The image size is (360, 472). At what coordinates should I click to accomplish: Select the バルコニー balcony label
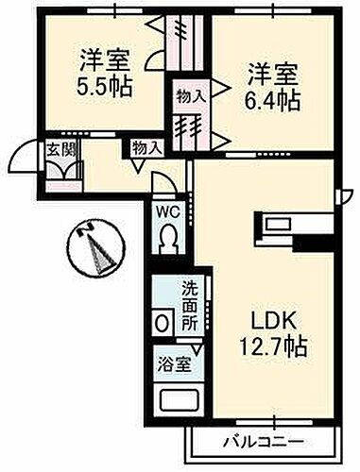[264, 441]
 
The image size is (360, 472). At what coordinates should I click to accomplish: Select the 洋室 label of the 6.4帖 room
[274, 70]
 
